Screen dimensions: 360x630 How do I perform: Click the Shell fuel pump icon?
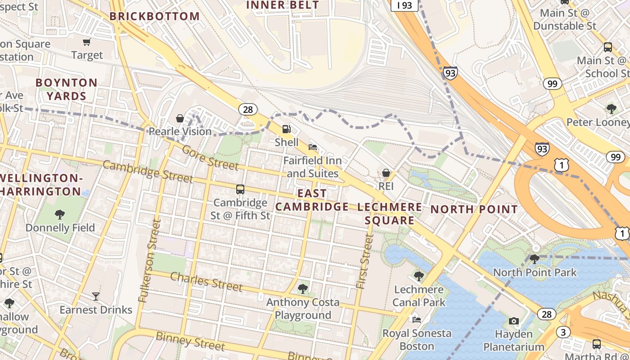286,129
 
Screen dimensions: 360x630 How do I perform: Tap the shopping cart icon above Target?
87,42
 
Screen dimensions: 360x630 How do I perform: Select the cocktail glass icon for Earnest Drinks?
96,296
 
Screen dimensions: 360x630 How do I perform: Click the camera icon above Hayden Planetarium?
513,321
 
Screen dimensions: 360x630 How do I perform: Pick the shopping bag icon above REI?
386,173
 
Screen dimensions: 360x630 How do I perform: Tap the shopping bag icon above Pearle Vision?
180,118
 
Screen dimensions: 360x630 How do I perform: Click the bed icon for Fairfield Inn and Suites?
313,147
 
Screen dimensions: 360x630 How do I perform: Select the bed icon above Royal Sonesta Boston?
417,320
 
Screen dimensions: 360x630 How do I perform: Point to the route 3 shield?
563,332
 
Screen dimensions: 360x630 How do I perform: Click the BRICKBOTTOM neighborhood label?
155,17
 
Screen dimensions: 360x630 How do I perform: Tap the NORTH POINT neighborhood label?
474,209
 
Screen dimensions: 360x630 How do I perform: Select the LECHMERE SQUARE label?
390,214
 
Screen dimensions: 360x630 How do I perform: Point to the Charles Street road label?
207,281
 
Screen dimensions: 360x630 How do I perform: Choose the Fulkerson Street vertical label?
150,261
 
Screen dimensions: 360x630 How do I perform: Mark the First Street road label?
364,261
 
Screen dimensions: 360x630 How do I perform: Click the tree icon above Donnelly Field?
60,215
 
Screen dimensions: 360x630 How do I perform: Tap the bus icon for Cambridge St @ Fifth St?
240,189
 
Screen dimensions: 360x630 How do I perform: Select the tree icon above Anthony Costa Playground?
303,288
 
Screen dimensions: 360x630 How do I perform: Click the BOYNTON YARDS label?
67,89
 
